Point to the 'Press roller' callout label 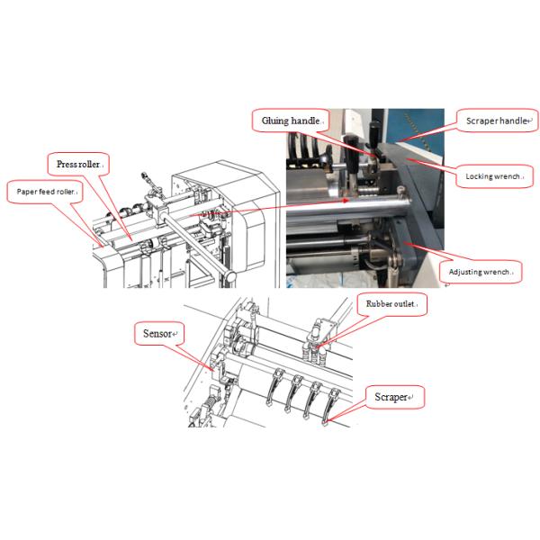pos(78,165)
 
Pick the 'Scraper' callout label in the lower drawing pos(394,396)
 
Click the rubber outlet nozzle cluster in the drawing pos(318,337)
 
